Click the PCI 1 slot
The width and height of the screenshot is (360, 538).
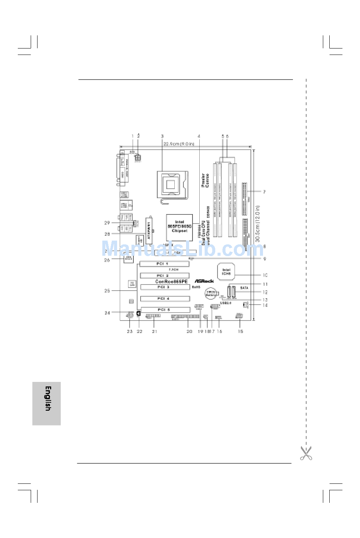(164, 264)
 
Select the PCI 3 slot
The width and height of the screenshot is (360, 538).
(165, 287)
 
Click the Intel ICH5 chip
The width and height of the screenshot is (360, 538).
(226, 272)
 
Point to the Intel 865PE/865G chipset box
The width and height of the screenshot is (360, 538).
(179, 227)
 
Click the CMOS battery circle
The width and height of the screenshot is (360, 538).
(211, 293)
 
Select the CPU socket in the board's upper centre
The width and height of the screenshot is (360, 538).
(171, 185)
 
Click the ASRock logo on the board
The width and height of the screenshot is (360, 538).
(204, 281)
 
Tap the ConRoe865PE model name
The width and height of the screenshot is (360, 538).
(171, 282)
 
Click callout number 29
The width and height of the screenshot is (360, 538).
(107, 223)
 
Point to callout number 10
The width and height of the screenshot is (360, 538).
(265, 275)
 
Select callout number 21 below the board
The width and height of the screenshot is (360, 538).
(155, 332)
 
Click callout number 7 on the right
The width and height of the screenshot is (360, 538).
(264, 192)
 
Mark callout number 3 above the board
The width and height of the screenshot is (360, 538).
(162, 136)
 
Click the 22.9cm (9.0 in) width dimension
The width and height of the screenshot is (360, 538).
(179, 144)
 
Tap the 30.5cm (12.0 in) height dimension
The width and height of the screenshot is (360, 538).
(258, 224)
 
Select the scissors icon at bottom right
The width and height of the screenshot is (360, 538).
(306, 453)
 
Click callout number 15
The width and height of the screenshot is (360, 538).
(240, 332)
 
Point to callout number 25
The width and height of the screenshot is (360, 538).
(107, 291)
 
